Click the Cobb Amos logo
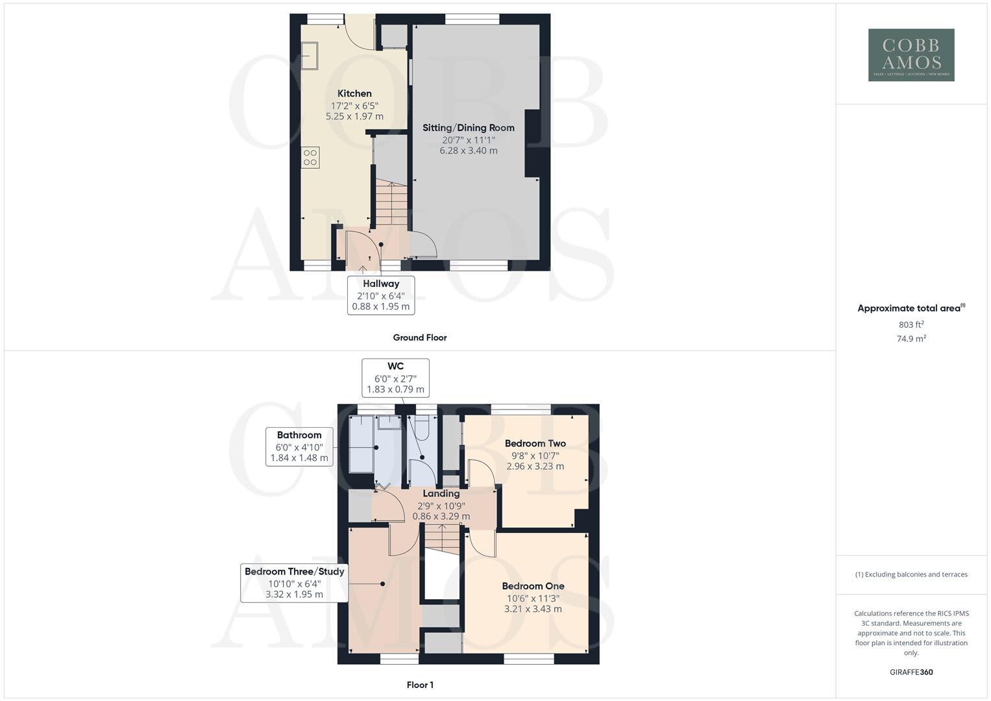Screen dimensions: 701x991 (x=911, y=55)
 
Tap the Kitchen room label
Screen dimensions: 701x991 (x=354, y=94)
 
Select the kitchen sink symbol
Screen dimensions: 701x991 (x=310, y=56)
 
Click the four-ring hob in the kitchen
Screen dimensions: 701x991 (x=310, y=157)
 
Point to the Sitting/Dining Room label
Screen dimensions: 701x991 (x=468, y=128)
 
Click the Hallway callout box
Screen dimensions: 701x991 (x=381, y=295)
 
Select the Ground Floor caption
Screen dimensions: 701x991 (x=419, y=338)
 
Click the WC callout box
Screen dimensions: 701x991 (x=395, y=378)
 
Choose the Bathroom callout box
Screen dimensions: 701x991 (x=299, y=447)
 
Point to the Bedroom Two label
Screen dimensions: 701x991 (x=535, y=444)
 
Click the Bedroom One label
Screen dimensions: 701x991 (x=533, y=586)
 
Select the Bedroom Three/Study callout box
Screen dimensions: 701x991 (x=294, y=583)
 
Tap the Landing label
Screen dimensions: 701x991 (x=441, y=494)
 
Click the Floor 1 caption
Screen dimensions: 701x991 (x=419, y=685)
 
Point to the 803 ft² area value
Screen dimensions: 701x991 (x=911, y=325)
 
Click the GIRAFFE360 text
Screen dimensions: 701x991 (x=911, y=672)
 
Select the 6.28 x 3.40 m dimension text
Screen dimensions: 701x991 (x=468, y=151)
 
